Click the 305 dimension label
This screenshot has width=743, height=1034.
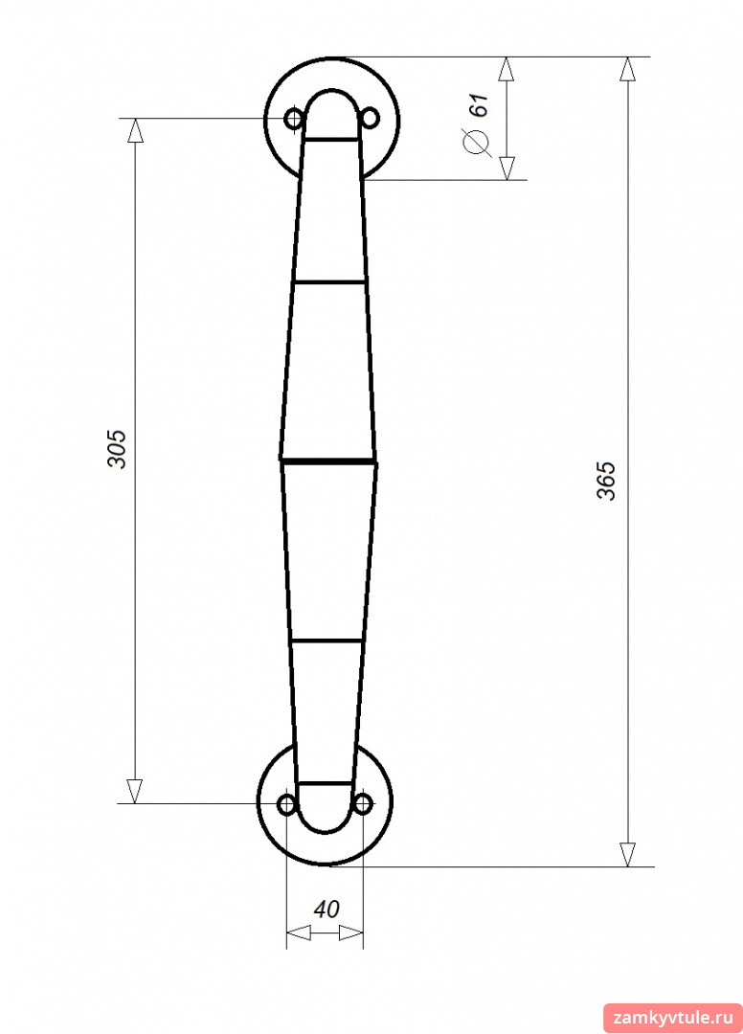click(x=117, y=449)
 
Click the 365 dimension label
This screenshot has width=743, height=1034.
click(x=606, y=481)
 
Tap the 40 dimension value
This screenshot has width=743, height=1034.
click(x=326, y=910)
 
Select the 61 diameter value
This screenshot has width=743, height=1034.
click(x=481, y=105)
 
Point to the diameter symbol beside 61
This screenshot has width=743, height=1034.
click(x=477, y=143)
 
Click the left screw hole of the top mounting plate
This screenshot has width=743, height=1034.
click(x=293, y=120)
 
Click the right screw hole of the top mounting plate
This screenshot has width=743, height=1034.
click(x=371, y=119)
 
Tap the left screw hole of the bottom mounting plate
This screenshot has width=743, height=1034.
click(x=287, y=804)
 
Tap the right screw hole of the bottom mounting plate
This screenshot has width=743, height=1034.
click(x=363, y=804)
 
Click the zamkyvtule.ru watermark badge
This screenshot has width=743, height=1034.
click(x=672, y=1018)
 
